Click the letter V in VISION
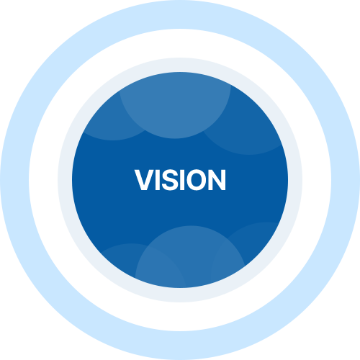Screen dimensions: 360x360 [145, 180]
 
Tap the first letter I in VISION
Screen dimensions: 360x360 [158, 180]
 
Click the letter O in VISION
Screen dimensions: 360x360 [197, 180]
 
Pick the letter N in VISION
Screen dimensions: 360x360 [217, 180]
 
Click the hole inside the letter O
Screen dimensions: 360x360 [197, 180]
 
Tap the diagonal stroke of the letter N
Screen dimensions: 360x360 [217, 180]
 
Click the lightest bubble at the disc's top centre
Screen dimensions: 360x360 [175, 106]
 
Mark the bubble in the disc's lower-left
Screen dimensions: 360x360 [117, 259]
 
